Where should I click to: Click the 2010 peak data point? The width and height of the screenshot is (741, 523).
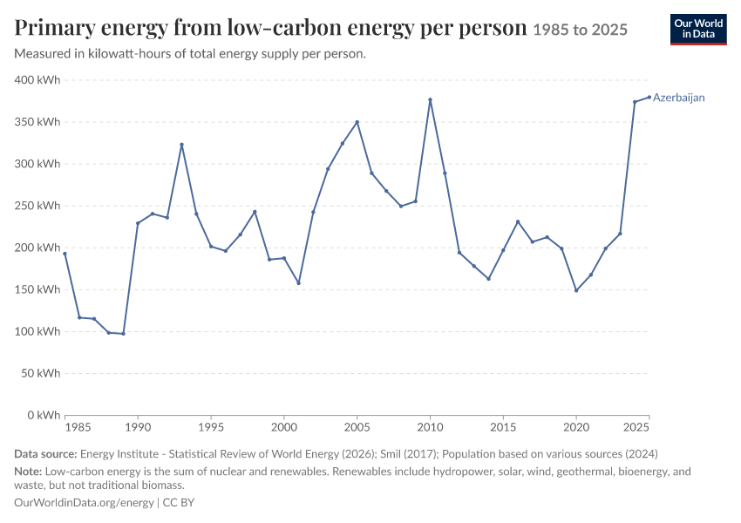click(x=430, y=99)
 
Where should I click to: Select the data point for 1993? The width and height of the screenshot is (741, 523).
click(x=181, y=145)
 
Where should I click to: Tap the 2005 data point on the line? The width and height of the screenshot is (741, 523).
click(x=357, y=122)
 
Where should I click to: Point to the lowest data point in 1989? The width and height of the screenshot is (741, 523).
click(x=123, y=334)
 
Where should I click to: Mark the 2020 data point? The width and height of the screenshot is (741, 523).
click(x=576, y=290)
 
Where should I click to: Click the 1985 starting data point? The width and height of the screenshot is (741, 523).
click(x=65, y=254)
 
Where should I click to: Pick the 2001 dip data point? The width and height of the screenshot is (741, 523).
click(x=298, y=283)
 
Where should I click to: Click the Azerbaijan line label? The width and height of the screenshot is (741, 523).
click(x=678, y=98)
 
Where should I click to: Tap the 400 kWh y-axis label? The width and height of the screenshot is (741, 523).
click(x=37, y=80)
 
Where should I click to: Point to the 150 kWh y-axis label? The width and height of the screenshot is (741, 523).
click(x=37, y=289)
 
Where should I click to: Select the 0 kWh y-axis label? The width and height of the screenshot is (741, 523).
click(x=44, y=415)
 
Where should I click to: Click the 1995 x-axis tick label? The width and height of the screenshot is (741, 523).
click(x=211, y=428)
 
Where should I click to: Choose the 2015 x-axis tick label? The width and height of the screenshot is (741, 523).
click(x=503, y=428)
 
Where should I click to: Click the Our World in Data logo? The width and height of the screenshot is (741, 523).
click(x=698, y=30)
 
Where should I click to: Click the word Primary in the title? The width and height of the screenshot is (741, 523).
click(x=55, y=29)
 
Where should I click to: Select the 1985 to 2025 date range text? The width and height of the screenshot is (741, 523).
click(x=581, y=30)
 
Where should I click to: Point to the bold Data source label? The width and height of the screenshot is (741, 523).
click(x=45, y=454)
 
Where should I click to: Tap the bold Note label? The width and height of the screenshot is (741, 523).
click(x=29, y=472)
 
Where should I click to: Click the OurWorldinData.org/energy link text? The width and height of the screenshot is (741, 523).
click(x=84, y=503)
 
